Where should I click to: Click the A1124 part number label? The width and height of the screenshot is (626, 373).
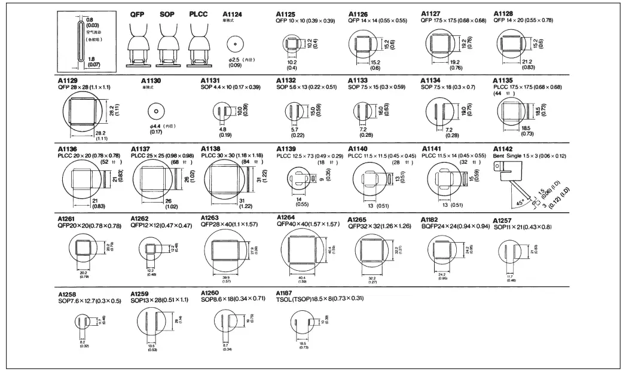pyautogui.click(x=232, y=14)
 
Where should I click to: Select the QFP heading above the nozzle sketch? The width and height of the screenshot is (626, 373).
pyautogui.click(x=138, y=14)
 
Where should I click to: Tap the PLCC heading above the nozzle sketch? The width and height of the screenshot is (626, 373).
pyautogui.click(x=199, y=14)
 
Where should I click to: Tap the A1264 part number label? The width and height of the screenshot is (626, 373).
pyautogui.click(x=287, y=216)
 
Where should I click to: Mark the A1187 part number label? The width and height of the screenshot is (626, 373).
pyautogui.click(x=286, y=292)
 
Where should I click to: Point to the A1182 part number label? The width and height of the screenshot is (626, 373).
pyautogui.click(x=430, y=219)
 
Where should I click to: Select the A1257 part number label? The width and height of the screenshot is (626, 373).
pyautogui.click(x=503, y=219)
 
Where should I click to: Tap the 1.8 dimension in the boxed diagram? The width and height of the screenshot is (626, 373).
pyautogui.click(x=91, y=59)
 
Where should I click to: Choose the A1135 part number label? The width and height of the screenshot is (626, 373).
pyautogui.click(x=503, y=80)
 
